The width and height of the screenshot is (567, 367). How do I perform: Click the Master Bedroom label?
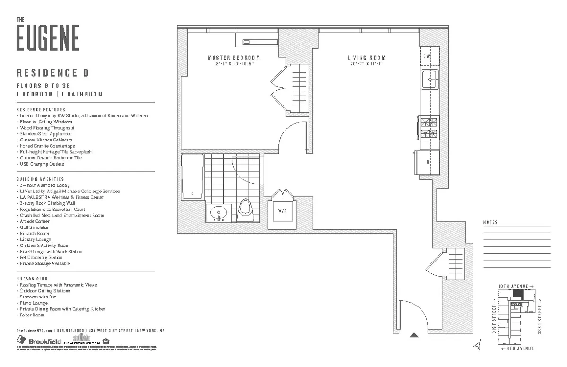(234, 58)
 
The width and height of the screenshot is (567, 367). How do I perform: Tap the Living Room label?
(364, 58)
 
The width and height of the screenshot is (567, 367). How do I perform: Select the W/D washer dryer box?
(282, 210)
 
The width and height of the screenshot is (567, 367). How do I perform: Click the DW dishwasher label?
(427, 57)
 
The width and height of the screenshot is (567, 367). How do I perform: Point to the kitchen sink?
(430, 79)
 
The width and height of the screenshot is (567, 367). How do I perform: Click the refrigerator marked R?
(427, 162)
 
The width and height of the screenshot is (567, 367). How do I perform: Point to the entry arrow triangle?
(414, 335)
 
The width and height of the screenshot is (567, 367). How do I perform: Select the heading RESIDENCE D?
(53, 73)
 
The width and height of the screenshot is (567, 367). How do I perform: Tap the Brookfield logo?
(39, 341)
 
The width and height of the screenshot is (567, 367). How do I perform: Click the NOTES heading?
(490, 222)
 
